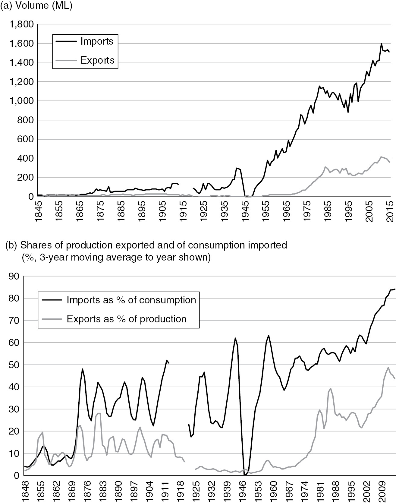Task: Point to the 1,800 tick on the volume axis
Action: pyautogui.click(x=21, y=25)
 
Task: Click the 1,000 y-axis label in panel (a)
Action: pyautogui.click(x=21, y=101)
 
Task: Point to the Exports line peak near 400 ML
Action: pyautogui.click(x=381, y=157)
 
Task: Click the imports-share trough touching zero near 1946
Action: pyautogui.click(x=245, y=475)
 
